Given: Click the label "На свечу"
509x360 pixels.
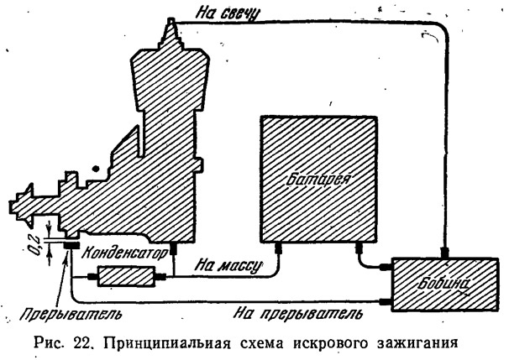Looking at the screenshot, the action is coord(228,13).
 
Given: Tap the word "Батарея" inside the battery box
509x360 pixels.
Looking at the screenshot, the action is coord(318,178).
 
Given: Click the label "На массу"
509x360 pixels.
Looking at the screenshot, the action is coord(228,266).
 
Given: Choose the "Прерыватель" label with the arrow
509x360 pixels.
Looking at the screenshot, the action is coord(71,314).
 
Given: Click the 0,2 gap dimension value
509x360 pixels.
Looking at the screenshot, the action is coord(37,246).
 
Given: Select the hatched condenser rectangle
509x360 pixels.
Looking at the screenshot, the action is coord(127,276).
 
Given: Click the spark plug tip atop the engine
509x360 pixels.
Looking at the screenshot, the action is coord(171,22).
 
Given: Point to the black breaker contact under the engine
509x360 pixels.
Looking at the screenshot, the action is coord(71,246).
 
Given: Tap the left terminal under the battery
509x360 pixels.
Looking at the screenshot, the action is coord(278,248).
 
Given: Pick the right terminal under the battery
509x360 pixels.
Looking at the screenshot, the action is coord(359,248).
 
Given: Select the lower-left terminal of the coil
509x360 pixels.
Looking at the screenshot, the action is coord(386,302).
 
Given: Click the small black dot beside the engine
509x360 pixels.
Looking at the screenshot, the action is coord(96,169).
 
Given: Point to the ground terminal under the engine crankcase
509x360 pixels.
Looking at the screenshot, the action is coord(173,248).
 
